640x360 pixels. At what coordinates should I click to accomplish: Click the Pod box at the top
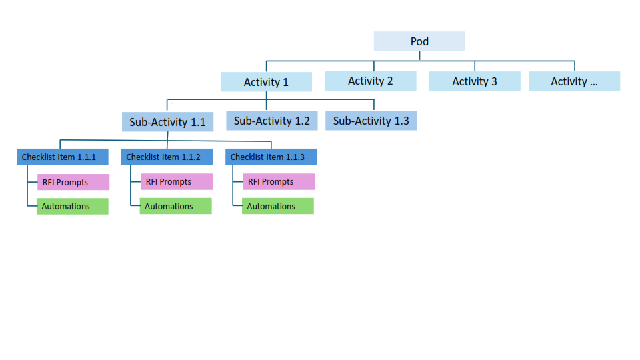pos(419,41)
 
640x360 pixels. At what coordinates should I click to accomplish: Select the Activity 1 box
pos(266,82)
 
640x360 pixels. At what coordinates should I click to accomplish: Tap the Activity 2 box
pos(370,81)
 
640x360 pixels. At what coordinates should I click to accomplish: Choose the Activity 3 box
pos(474,81)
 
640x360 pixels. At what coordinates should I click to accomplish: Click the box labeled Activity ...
pos(574,81)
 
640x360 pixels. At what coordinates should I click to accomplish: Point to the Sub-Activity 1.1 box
pos(167,122)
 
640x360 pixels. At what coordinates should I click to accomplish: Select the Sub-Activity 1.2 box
pos(271,121)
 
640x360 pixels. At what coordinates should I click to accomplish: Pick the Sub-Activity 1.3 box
pos(371,121)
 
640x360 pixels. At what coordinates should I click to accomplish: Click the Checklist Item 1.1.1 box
pos(59,157)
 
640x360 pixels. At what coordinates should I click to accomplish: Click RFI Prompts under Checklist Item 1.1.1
pos(72,182)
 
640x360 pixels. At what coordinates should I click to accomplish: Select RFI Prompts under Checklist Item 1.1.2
pos(176,182)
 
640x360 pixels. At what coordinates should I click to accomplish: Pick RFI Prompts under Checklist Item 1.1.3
pos(278,182)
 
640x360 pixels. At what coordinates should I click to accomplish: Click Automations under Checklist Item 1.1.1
pos(72,207)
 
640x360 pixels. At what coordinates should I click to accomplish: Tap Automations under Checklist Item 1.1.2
pos(175,207)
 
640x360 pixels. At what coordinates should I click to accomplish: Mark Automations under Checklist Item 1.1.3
pos(277,207)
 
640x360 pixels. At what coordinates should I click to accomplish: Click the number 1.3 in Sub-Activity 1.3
pos(401,121)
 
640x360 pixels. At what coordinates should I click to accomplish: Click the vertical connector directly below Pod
pos(419,56)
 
